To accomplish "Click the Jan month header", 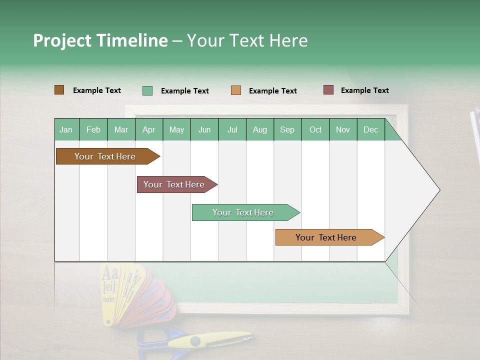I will [66, 129].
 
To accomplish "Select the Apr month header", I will [148, 129].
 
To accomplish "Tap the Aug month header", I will [259, 129].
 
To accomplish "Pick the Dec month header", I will [370, 129].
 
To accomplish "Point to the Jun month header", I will [204, 129].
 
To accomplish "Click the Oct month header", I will [315, 129].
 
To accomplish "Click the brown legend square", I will [59, 90].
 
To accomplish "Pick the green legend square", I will [147, 90].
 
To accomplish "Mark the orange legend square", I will [235, 90].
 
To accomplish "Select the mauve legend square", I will [328, 90].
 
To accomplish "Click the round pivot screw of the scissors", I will [195, 341].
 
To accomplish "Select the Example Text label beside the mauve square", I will [364, 90].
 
